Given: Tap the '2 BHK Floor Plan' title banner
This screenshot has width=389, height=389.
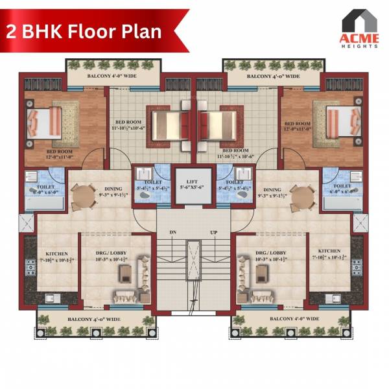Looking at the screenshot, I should [x=84, y=31].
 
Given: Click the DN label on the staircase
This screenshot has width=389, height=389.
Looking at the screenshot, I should [x=173, y=231].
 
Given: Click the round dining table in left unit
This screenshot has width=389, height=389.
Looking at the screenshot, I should [x=82, y=194].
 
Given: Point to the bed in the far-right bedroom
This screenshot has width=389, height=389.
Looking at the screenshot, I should [x=341, y=122].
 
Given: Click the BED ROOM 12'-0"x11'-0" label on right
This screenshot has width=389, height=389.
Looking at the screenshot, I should [x=298, y=127].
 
